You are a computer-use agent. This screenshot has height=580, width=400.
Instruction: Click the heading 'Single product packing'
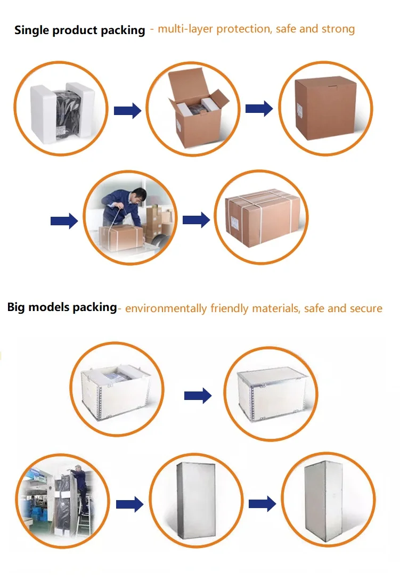point(79,30)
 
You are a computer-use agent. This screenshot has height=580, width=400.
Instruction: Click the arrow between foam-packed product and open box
point(127,111)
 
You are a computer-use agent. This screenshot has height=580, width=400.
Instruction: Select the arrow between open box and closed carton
point(259,109)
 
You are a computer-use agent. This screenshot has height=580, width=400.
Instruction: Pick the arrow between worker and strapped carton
point(196,219)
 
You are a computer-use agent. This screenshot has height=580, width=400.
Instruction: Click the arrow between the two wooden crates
point(198,395)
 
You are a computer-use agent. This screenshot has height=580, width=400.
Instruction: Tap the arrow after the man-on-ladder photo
point(129,504)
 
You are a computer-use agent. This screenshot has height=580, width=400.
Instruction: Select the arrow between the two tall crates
point(262,503)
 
